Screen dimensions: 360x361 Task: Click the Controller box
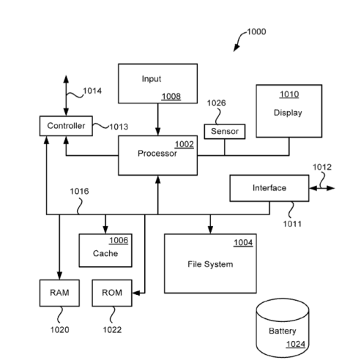click(x=66, y=126)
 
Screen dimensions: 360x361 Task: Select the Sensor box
click(x=225, y=131)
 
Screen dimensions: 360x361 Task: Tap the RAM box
click(x=59, y=293)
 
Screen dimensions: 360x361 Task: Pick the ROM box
click(x=111, y=293)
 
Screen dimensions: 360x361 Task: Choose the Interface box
click(x=269, y=188)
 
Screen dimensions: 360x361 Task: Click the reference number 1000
click(x=256, y=31)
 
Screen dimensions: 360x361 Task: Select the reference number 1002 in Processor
click(x=184, y=144)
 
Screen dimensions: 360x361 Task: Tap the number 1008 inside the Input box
click(x=171, y=95)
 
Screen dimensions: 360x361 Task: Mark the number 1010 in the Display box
click(x=289, y=94)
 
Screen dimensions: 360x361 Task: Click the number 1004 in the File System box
click(x=243, y=243)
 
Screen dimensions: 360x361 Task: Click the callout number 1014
click(x=92, y=91)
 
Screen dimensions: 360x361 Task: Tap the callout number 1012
click(x=322, y=166)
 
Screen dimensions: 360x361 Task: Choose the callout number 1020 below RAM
click(x=59, y=329)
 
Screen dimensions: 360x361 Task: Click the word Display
click(x=288, y=113)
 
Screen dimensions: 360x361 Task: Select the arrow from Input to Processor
click(x=157, y=119)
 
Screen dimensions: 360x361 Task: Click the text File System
click(x=210, y=264)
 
